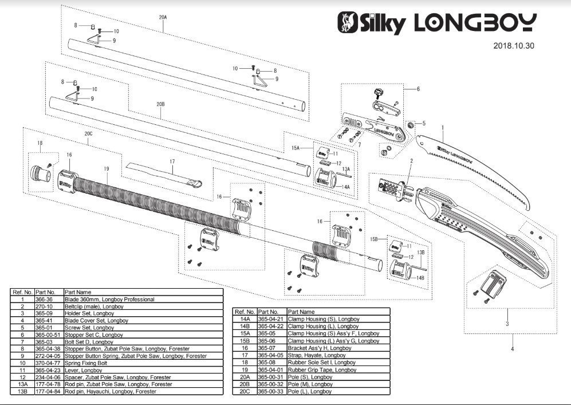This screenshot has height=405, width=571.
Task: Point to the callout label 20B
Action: [x=160, y=104]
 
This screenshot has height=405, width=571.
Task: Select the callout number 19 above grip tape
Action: [x=107, y=169]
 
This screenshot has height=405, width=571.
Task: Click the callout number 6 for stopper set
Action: [x=418, y=89]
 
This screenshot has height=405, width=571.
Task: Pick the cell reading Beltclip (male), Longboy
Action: [x=93, y=306]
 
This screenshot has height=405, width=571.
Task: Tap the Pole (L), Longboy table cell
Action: [x=310, y=391]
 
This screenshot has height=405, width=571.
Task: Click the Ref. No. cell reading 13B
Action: [x=22, y=391]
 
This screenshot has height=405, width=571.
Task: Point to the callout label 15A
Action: [x=296, y=148]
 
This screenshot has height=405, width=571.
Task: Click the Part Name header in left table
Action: [x=77, y=292]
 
